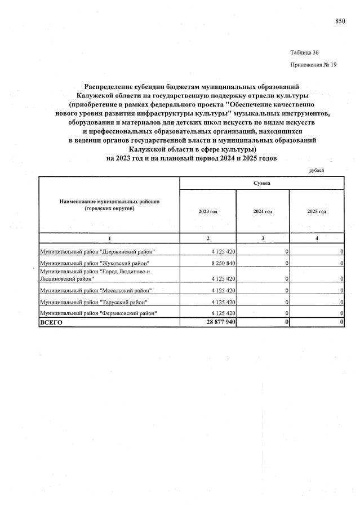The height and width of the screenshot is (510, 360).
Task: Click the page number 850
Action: click(340, 21)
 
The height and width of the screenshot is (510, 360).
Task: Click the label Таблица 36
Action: click(304, 52)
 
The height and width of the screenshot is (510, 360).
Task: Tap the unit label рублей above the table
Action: click(317, 170)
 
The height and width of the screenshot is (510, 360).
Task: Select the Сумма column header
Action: click(261, 183)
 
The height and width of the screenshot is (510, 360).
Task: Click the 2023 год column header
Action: click(207, 211)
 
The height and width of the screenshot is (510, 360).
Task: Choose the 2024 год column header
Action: click(262, 211)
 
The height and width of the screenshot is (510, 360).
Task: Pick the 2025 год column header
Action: click(317, 211)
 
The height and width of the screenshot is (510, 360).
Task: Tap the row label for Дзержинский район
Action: click(96, 251)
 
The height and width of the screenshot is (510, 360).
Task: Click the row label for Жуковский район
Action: click(94, 263)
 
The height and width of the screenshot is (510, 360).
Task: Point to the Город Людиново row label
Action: click(94, 274)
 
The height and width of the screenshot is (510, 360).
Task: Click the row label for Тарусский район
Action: click(93, 302)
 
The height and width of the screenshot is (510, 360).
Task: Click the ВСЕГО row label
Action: click(51, 322)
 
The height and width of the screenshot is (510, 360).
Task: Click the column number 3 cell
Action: click(262, 238)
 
